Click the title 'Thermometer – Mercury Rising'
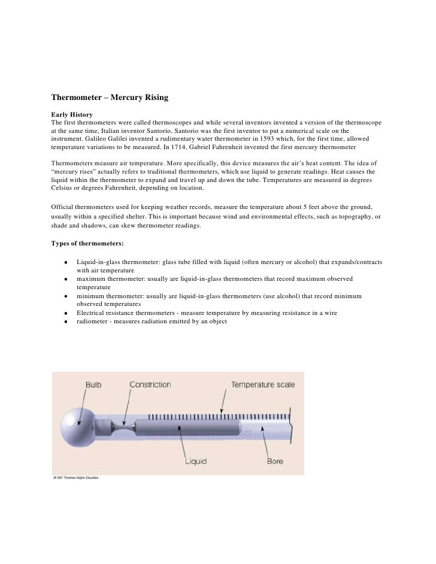(112, 95)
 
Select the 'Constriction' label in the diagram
(150, 384)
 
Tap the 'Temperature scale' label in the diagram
(263, 384)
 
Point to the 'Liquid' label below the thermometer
(195, 462)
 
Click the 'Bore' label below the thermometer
(275, 462)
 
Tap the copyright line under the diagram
(76, 478)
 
